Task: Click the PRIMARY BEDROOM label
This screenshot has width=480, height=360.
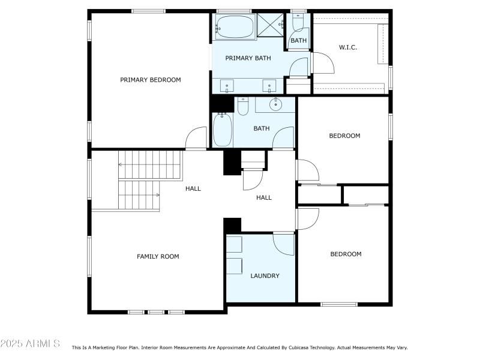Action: click(150, 80)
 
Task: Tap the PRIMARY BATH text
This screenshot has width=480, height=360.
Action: click(248, 58)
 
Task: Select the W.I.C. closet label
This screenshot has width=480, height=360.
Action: click(348, 47)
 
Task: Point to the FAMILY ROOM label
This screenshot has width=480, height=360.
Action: click(158, 257)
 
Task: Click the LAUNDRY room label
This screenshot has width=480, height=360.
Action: click(265, 276)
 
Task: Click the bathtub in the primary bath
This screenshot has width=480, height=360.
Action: click(235, 27)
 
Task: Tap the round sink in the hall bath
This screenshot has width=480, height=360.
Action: click(275, 106)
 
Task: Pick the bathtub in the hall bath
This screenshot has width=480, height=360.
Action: click(223, 130)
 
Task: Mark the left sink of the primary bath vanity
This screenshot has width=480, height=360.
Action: click(227, 85)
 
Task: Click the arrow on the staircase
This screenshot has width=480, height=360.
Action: click(158, 194)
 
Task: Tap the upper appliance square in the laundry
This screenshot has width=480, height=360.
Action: click(234, 244)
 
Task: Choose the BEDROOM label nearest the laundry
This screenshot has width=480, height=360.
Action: click(346, 254)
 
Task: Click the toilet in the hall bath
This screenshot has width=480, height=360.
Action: click(243, 106)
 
